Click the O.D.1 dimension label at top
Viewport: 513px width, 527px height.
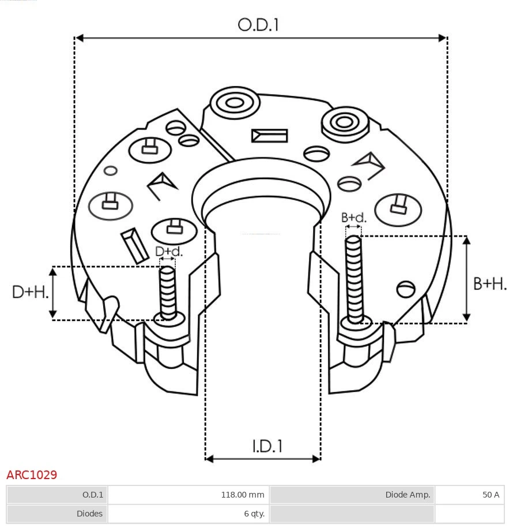258,25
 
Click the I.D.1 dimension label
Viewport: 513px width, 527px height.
267,446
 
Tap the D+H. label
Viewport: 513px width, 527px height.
31,292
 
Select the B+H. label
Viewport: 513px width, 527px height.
490,283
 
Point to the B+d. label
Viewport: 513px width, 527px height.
353,218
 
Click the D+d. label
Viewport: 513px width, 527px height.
168,252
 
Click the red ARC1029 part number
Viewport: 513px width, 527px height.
32,475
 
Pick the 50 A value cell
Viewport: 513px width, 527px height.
469,495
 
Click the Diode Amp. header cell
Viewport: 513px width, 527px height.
352,495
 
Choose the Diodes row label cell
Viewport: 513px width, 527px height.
57,513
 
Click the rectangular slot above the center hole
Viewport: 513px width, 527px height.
269,136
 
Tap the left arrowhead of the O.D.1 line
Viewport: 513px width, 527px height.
79,38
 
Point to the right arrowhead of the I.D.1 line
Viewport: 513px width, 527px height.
316,459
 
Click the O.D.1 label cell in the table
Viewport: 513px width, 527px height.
57,495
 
